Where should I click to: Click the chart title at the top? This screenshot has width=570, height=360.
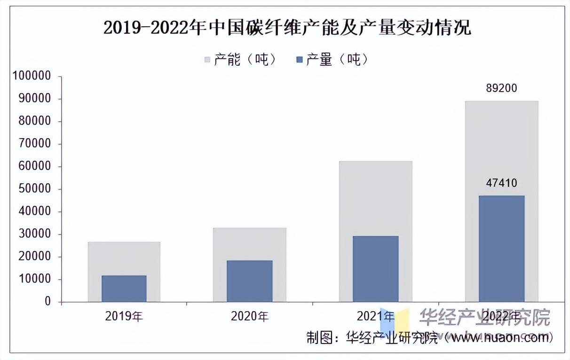click(287, 28)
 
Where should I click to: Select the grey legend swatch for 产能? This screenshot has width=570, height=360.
click(207, 60)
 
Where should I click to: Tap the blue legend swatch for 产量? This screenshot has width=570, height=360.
click(300, 60)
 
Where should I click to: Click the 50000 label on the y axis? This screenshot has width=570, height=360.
click(34, 189)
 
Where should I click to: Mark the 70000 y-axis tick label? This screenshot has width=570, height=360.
click(34, 144)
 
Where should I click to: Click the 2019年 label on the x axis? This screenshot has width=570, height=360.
click(124, 316)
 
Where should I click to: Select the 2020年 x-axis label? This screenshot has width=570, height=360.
click(249, 316)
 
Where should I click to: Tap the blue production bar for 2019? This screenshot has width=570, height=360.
click(124, 289)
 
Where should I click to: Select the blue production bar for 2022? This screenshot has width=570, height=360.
click(501, 249)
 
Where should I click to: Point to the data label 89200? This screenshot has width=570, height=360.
click(501, 88)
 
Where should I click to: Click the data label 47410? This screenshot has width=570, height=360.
click(501, 183)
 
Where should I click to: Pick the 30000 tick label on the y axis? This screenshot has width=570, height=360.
click(34, 235)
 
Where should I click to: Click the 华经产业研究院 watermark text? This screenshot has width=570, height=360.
click(484, 318)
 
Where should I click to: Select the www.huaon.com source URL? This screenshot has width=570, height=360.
click(499, 337)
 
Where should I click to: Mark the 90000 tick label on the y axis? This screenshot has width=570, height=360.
click(34, 99)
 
